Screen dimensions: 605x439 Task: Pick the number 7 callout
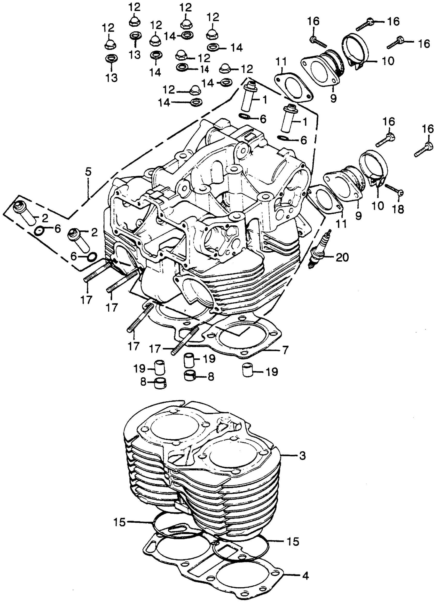285,350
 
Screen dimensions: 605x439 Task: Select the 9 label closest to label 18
358,215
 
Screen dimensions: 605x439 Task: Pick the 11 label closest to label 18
342,223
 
